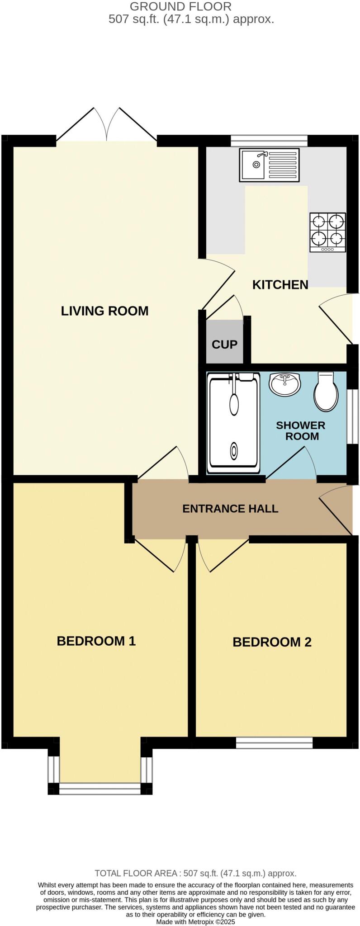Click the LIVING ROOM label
click(104, 311)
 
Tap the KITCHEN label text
click(280, 285)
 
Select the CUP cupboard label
click(224, 345)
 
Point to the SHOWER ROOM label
click(301, 431)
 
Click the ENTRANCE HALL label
click(230, 509)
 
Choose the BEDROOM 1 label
click(96, 641)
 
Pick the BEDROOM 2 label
click(272, 642)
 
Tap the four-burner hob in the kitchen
click(327, 232)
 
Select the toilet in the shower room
click(326, 392)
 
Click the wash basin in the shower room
click(284, 385)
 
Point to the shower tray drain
click(234, 450)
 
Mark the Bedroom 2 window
click(274, 743)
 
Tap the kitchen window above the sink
click(269, 141)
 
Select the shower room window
click(353, 416)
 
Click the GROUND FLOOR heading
click(180, 7)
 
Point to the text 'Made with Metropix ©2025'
click(195, 921)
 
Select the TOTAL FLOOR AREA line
click(195, 874)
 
